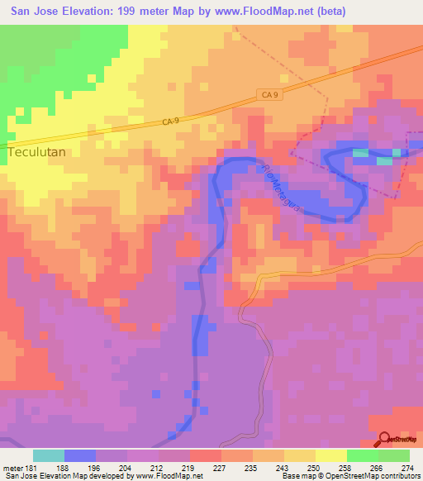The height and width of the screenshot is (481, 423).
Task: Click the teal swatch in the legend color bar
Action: point(49,455)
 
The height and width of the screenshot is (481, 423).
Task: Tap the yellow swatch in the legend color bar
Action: point(331,455)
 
